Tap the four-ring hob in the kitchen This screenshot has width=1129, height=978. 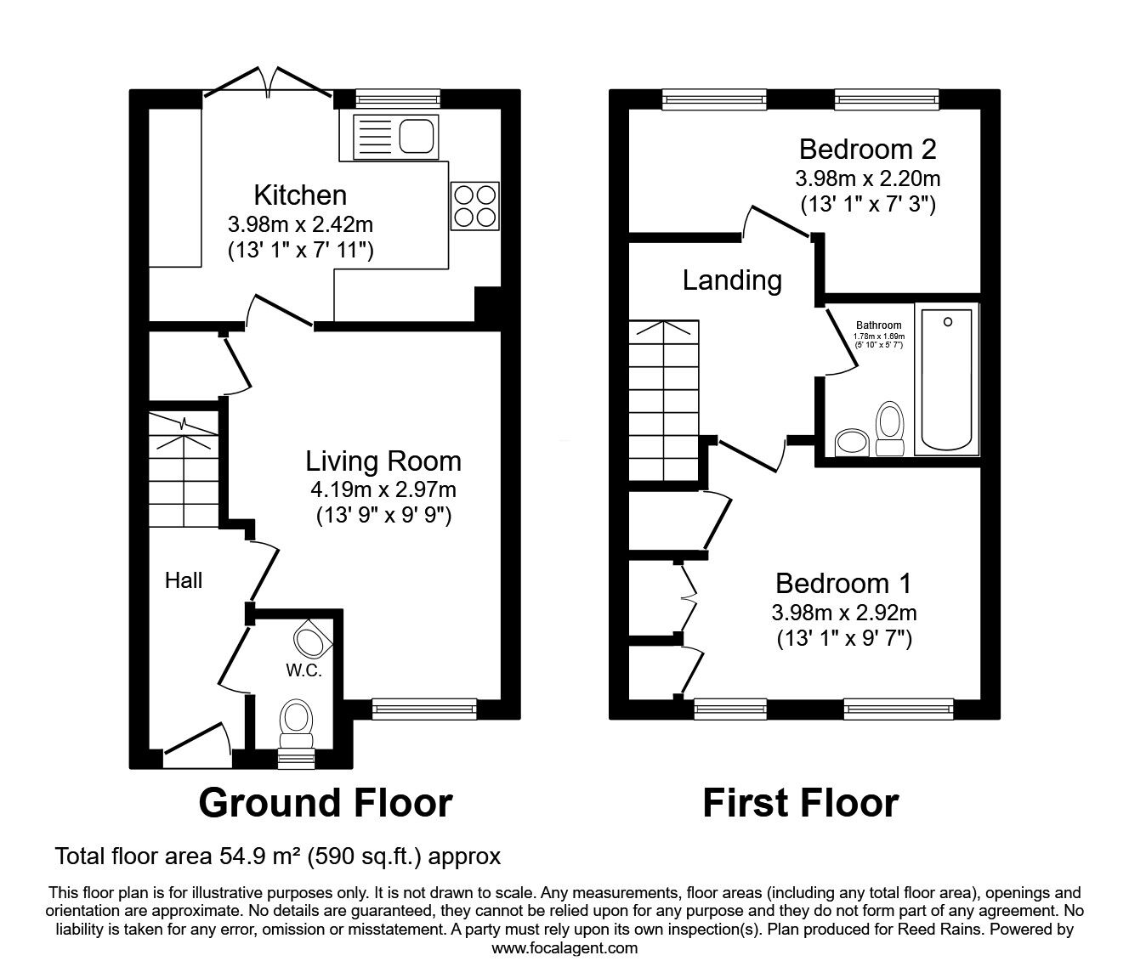[474, 206]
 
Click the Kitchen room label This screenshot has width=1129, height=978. [301, 195]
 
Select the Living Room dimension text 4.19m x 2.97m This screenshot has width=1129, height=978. [383, 489]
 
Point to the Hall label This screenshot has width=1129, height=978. [184, 580]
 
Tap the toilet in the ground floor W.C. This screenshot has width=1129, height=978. [296, 719]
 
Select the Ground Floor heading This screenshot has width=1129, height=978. [325, 802]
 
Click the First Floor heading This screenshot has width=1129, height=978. [800, 802]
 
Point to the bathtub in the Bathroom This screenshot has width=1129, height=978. [946, 380]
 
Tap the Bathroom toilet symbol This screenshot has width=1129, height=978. [889, 427]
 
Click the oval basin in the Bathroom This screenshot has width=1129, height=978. [851, 442]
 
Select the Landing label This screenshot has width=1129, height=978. [732, 280]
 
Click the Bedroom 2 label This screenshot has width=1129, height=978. [867, 150]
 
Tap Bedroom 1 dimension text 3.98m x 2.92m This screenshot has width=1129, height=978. [843, 612]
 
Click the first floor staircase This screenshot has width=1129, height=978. [663, 399]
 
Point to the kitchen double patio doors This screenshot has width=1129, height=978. [269, 85]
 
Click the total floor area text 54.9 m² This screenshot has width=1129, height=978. [277, 856]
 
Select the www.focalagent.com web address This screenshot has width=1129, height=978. [564, 948]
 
